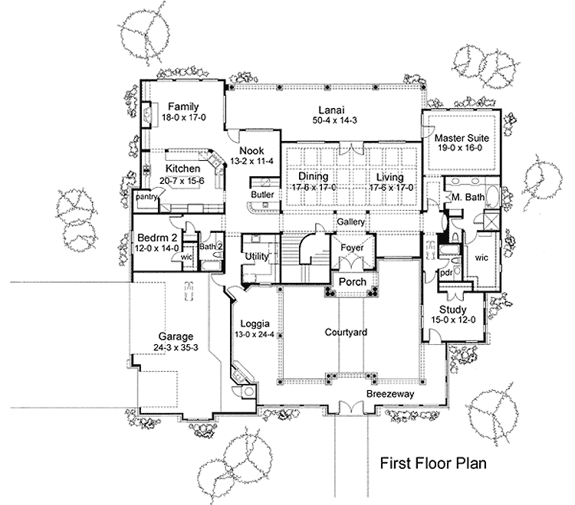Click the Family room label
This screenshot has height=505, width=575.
click(x=184, y=107)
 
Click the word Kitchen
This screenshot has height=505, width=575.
click(x=183, y=169)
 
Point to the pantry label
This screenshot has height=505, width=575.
click(x=146, y=197)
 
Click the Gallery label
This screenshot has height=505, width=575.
click(x=349, y=221)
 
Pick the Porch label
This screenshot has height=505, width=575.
click(x=353, y=282)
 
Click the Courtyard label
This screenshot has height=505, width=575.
click(x=345, y=333)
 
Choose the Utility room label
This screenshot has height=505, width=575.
click(x=255, y=257)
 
